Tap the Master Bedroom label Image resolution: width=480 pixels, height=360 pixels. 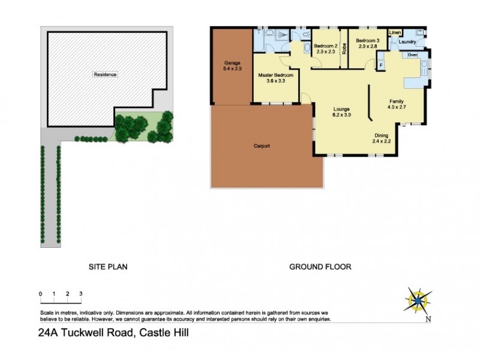coord(275,76)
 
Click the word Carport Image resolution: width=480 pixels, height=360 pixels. coord(262,146)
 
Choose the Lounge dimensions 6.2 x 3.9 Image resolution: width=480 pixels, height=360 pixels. coord(341,115)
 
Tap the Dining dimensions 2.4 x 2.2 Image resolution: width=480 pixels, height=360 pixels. coord(382,142)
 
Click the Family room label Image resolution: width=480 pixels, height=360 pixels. coord(396,101)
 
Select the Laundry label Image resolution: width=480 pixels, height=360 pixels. coord(407,42)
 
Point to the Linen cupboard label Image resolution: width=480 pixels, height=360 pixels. coord(395,32)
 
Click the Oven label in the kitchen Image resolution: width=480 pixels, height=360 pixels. coord(412,55)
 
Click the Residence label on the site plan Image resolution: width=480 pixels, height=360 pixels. coord(105,74)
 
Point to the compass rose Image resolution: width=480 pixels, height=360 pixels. coord(419,299)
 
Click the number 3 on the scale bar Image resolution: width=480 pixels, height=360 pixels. coord(80,294)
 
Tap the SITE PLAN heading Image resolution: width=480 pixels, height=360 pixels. coord(108,267)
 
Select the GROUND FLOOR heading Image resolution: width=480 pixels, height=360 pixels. coord(320,267)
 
